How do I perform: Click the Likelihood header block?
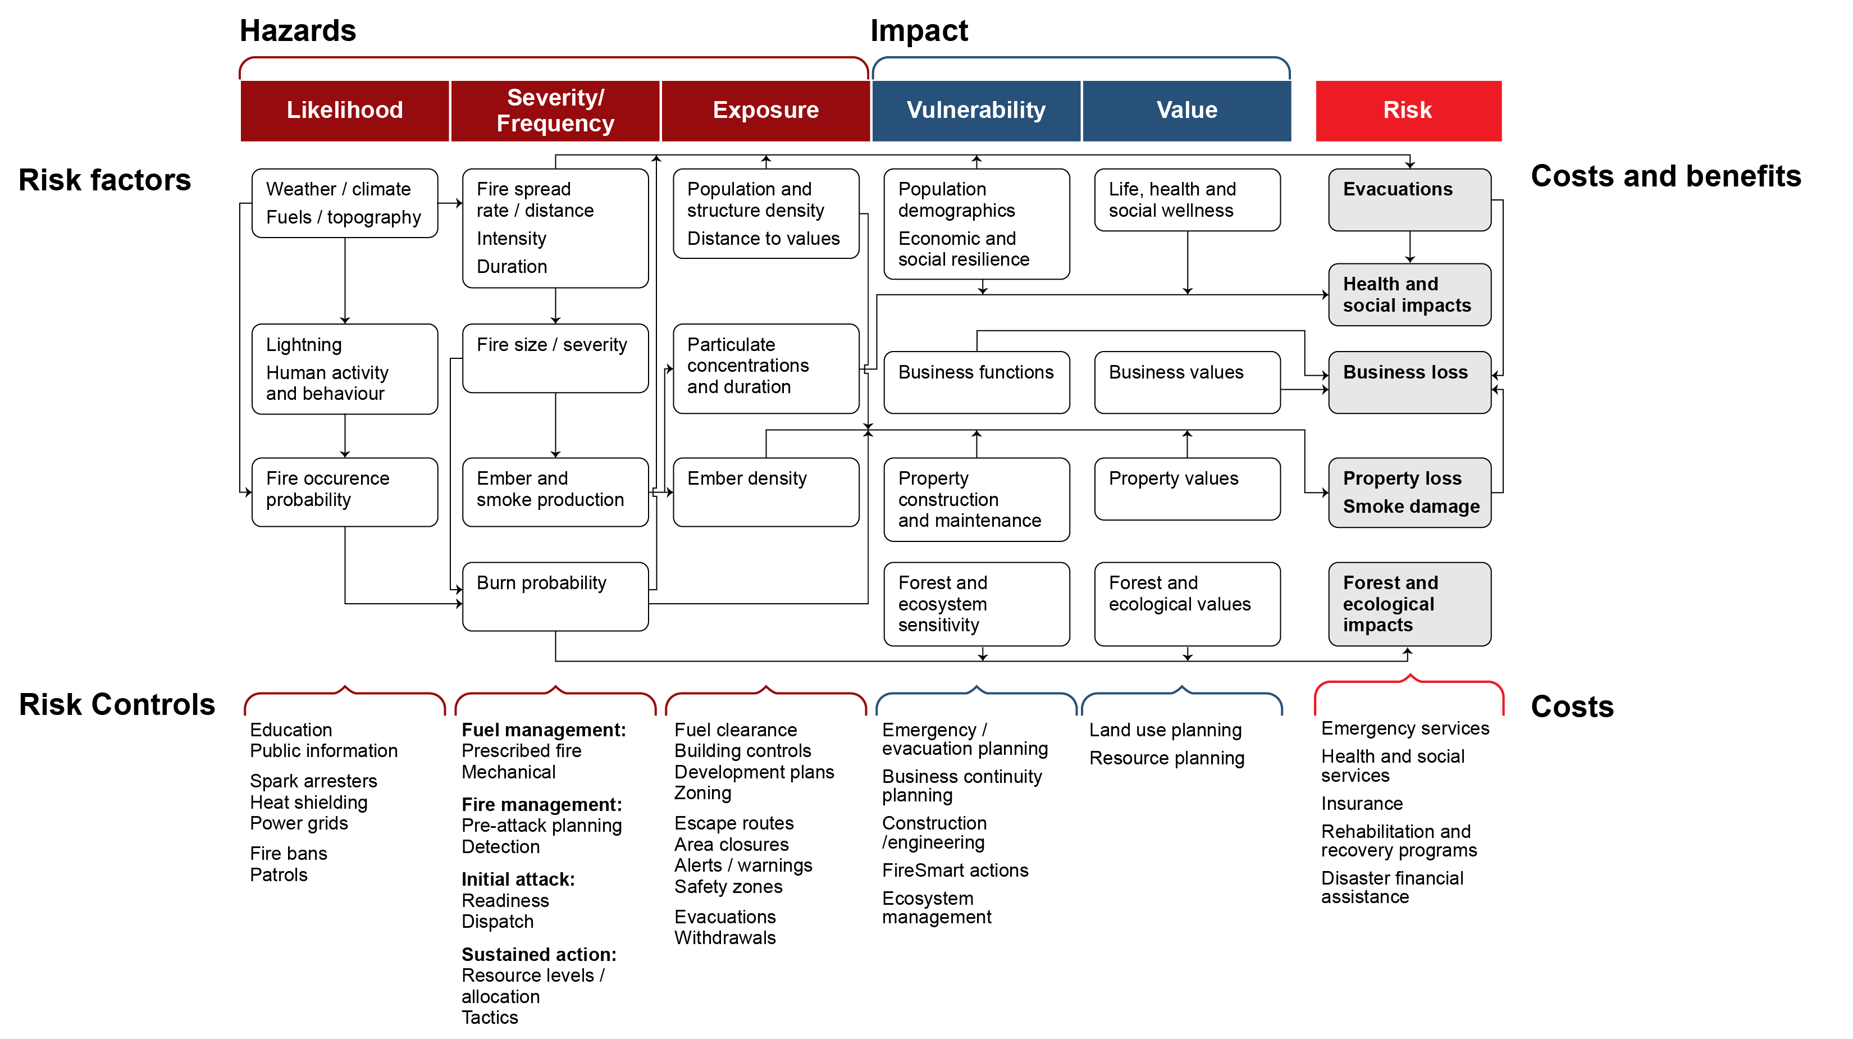[345, 110]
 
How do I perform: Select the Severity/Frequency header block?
[555, 110]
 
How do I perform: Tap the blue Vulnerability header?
[975, 110]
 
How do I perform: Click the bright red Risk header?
[1408, 110]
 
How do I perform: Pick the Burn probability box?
[555, 596]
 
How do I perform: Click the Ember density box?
[765, 491]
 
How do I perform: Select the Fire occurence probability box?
[345, 491]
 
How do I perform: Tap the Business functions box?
[975, 381]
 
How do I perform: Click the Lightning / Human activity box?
[345, 368]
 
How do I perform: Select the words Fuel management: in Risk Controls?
[543, 730]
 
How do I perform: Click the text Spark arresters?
[313, 781]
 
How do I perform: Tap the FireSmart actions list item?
[955, 870]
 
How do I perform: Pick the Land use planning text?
[1165, 730]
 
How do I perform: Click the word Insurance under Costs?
[1361, 803]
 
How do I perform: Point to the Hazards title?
[297, 30]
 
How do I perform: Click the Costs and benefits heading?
[1665, 176]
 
